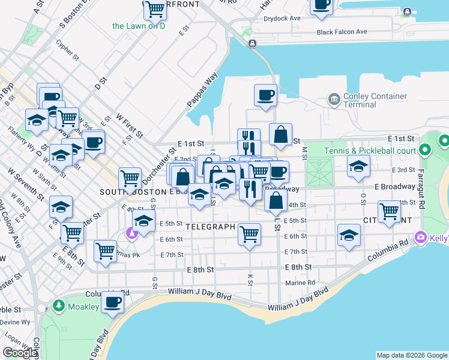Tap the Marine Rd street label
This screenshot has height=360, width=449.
pos(300,283)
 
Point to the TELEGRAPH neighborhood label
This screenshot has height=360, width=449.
pos(209,227)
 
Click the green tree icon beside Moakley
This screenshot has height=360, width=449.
pos(59,306)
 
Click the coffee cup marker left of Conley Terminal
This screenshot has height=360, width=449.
pos(265,95)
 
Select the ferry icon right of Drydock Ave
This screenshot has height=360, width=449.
pos(408,11)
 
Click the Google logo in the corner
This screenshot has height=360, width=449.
pos(19,353)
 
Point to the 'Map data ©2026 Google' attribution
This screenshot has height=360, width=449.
pos(412,355)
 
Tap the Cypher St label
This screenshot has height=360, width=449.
pos(67,51)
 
